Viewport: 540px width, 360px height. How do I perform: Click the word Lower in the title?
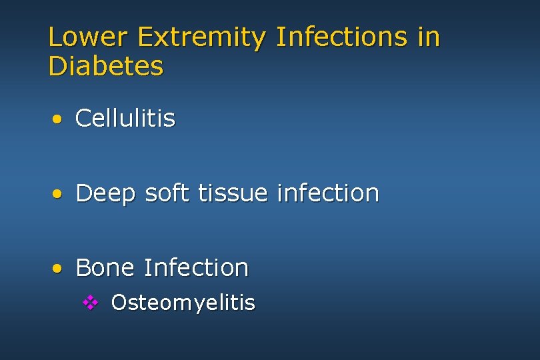click(x=89, y=37)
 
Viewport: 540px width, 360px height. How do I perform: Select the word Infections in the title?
click(x=341, y=37)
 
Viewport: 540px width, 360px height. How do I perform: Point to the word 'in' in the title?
click(x=429, y=37)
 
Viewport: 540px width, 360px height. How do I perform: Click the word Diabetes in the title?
click(x=105, y=66)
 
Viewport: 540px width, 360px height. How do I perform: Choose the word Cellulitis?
click(x=125, y=119)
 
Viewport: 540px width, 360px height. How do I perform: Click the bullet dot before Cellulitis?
click(x=59, y=120)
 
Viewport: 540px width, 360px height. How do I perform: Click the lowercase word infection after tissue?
click(x=327, y=193)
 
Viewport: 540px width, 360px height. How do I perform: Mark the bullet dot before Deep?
click(x=59, y=195)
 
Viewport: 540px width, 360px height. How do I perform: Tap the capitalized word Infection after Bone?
click(x=196, y=267)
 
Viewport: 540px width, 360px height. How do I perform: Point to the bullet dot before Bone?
click(x=59, y=269)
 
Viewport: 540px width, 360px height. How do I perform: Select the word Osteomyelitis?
click(x=183, y=303)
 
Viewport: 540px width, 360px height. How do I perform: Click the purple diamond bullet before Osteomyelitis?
click(x=91, y=303)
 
